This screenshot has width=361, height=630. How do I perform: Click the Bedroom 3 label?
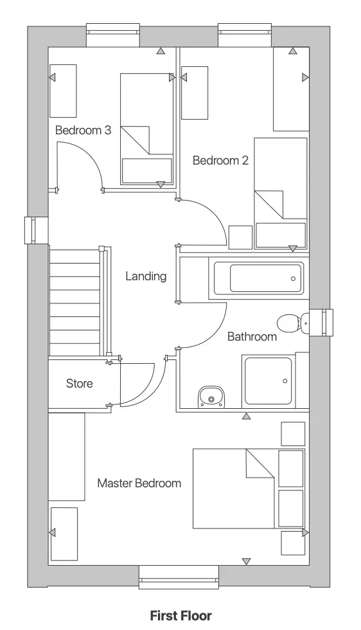coord(83,130)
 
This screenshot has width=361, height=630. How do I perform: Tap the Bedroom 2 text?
coord(220,161)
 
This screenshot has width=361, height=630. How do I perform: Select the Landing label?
coord(146,276)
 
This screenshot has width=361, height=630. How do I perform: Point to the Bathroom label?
coord(252,336)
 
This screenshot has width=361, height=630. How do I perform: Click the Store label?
coord(80,384)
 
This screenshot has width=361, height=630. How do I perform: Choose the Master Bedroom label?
coord(139,483)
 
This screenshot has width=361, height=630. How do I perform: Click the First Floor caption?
coord(180,616)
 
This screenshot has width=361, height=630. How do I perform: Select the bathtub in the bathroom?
coord(266,279)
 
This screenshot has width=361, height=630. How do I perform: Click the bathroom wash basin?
coord(210,397)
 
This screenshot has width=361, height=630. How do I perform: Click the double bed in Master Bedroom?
coord(234,489)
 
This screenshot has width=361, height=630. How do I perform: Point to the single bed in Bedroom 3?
coord(147,129)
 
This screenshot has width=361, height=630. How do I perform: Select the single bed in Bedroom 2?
coord(280,193)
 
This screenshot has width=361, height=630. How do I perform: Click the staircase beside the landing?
coord(75,302)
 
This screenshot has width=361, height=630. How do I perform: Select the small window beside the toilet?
coord(319,322)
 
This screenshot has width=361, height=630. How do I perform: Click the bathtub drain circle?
coord(293,279)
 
